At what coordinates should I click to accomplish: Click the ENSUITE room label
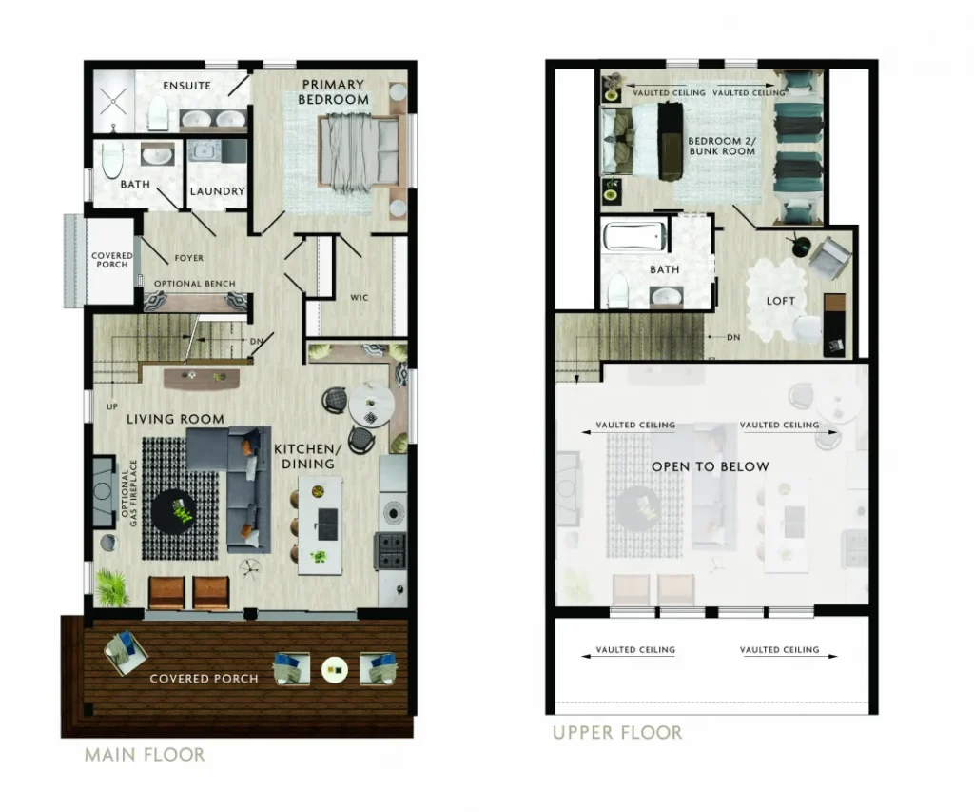186,86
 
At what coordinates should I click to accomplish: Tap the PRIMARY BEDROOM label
333,92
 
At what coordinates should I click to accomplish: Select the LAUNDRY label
217,191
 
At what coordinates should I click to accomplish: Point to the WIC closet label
359,298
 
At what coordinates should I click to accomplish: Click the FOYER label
189,258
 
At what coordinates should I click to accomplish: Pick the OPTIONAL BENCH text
194,284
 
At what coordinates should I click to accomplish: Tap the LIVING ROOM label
175,419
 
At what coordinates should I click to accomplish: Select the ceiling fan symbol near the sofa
251,566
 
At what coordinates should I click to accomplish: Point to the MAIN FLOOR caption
145,755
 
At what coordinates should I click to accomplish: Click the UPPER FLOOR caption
617,732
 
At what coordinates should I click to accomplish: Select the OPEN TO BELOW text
710,467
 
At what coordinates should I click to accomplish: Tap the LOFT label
781,301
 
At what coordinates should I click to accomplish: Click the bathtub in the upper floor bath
634,236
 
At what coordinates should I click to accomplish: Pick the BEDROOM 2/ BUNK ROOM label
722,146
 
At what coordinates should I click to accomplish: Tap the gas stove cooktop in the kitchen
390,550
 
